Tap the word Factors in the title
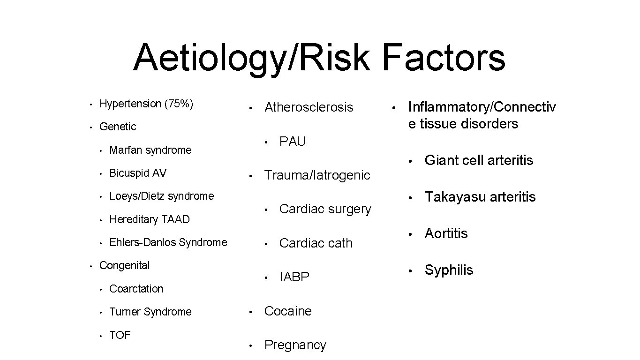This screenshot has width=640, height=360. tap(444, 57)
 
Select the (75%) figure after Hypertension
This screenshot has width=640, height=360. tap(178, 104)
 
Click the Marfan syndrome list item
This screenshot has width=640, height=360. tap(150, 150)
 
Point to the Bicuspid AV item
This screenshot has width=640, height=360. tap(137, 173)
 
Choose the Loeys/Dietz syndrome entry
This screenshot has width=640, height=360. tap(161, 196)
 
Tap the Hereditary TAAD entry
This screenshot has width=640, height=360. tap(149, 219)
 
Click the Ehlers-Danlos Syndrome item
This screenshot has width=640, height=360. tap(168, 242)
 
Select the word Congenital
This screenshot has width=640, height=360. tap(124, 265)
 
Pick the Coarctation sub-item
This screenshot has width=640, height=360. tap(136, 289)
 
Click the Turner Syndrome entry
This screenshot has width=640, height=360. tap(150, 312)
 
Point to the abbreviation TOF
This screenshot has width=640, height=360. tap(120, 335)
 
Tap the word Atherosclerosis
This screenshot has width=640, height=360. tap(309, 107)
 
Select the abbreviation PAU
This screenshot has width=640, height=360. tap(292, 142)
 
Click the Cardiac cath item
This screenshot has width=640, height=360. tap(316, 243)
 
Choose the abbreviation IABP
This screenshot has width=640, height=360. tap(294, 277)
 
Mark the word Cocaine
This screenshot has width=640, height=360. tap(288, 311)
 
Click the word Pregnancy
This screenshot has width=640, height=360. tap(295, 345)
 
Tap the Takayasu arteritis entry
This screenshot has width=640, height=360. tap(480, 197)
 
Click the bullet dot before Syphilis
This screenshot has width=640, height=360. tap(410, 271)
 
